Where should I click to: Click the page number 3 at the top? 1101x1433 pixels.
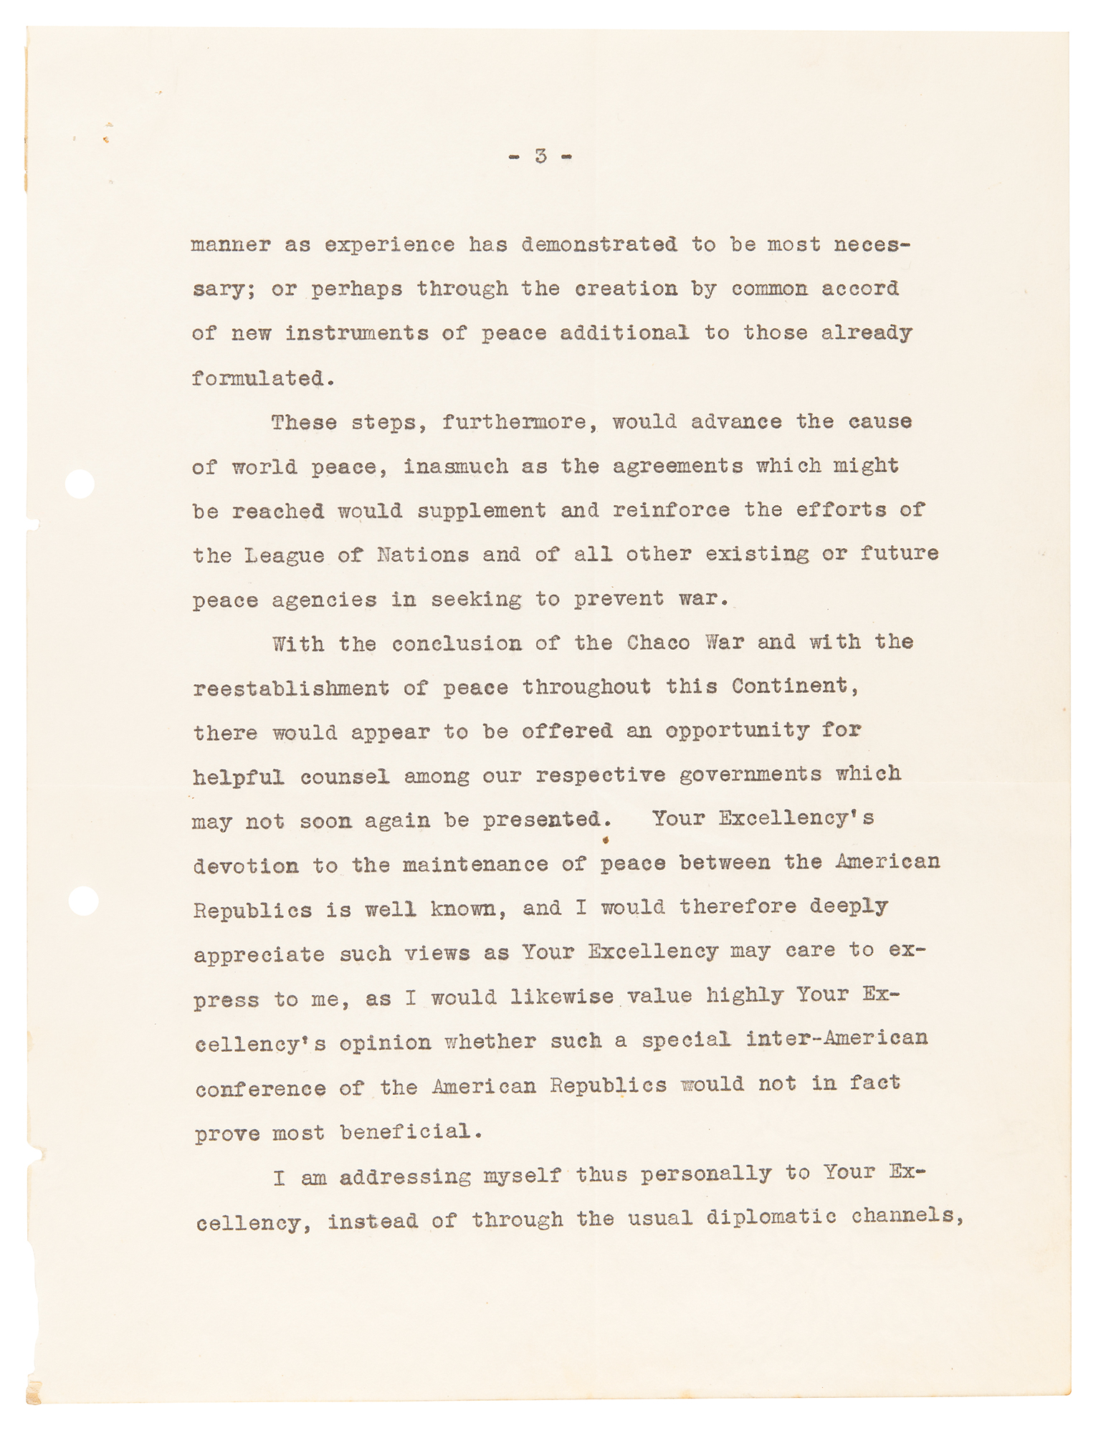(x=540, y=155)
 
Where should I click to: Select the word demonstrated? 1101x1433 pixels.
(x=599, y=245)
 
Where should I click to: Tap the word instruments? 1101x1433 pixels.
(x=356, y=334)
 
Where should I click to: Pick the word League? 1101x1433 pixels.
(x=284, y=555)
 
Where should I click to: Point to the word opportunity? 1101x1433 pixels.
(x=737, y=731)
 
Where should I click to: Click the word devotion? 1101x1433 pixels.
(x=245, y=866)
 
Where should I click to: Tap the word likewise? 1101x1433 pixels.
(x=562, y=997)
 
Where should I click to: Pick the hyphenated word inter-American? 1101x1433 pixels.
(x=837, y=1040)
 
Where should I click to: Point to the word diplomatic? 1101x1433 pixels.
(x=771, y=1219)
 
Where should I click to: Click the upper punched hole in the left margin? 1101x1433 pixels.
(x=80, y=484)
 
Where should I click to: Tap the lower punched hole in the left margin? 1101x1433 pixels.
(x=84, y=901)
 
